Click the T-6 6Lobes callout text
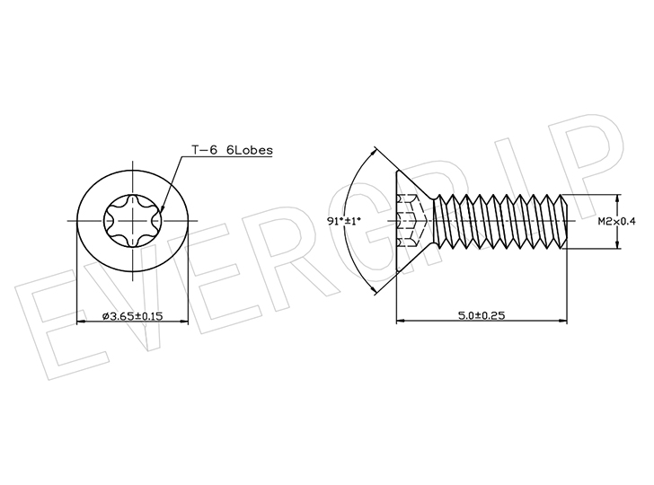tap(232, 150)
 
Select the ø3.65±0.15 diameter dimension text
tap(133, 316)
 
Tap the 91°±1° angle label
tap(344, 221)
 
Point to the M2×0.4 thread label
tap(617, 222)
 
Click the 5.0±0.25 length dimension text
tap(482, 315)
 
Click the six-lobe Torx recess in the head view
tap(133, 221)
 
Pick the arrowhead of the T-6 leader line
tap(162, 210)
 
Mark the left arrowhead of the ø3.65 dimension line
tap(82, 322)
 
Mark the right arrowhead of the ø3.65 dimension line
tap(184, 322)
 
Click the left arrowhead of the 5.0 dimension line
tap(401, 321)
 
